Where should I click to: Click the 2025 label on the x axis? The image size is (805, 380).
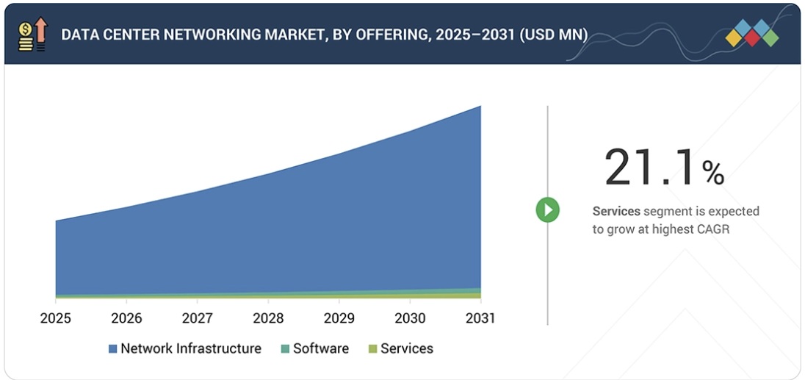pyautogui.click(x=55, y=318)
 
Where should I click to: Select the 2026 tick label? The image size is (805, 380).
pyautogui.click(x=126, y=318)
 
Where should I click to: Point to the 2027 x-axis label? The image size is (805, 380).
pyautogui.click(x=197, y=318)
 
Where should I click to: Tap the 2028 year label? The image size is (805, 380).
pyautogui.click(x=268, y=318)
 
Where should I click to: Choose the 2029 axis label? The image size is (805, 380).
pyautogui.click(x=339, y=318)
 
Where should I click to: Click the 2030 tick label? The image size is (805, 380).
pyautogui.click(x=410, y=318)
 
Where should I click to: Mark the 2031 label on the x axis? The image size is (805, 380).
pyautogui.click(x=480, y=318)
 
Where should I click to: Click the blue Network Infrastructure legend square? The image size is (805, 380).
pyautogui.click(x=113, y=349)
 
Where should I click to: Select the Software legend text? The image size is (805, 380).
pyautogui.click(x=321, y=348)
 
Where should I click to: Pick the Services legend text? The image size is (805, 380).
pyautogui.click(x=407, y=348)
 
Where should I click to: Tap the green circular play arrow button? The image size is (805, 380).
pyautogui.click(x=547, y=210)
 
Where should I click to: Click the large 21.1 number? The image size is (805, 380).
pyautogui.click(x=649, y=167)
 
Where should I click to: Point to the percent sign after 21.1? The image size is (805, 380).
pyautogui.click(x=712, y=173)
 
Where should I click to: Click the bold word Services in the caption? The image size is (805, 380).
pyautogui.click(x=616, y=212)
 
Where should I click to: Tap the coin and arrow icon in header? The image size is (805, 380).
pyautogui.click(x=32, y=34)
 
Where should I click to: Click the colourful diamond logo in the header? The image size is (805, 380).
pyautogui.click(x=751, y=34)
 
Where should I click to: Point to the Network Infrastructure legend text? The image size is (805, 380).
pyautogui.click(x=191, y=348)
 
